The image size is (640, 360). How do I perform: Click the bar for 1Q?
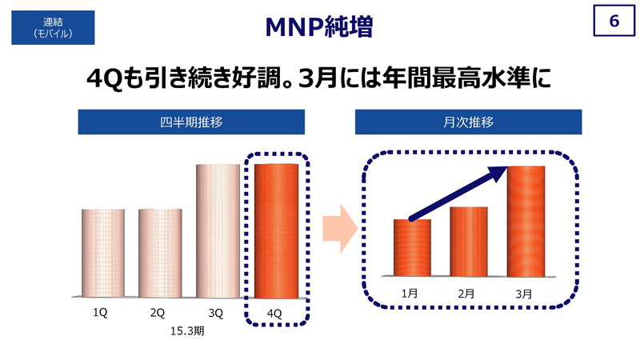point(103,253)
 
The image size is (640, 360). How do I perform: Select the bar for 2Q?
point(161,253)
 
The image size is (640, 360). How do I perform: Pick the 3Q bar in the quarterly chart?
point(218,231)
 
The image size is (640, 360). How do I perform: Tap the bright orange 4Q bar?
point(276,231)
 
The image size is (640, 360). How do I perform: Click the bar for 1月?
point(412,248)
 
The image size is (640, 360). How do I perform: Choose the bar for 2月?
point(469,242)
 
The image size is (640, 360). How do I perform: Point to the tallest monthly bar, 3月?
point(526,222)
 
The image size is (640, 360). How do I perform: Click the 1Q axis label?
point(100,313)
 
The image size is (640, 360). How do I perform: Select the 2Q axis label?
point(158,313)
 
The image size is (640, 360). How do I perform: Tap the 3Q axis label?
point(216,314)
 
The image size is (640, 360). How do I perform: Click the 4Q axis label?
point(274,314)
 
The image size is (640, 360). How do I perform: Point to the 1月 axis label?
point(410,294)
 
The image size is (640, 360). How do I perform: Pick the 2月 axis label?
point(466,294)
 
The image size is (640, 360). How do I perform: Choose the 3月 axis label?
point(524,294)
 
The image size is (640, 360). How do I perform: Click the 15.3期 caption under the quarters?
point(187,331)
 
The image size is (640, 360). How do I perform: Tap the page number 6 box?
point(614,21)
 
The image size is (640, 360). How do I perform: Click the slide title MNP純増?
point(319,27)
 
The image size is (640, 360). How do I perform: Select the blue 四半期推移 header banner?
point(191,122)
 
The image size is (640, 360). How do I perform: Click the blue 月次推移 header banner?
point(469,122)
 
